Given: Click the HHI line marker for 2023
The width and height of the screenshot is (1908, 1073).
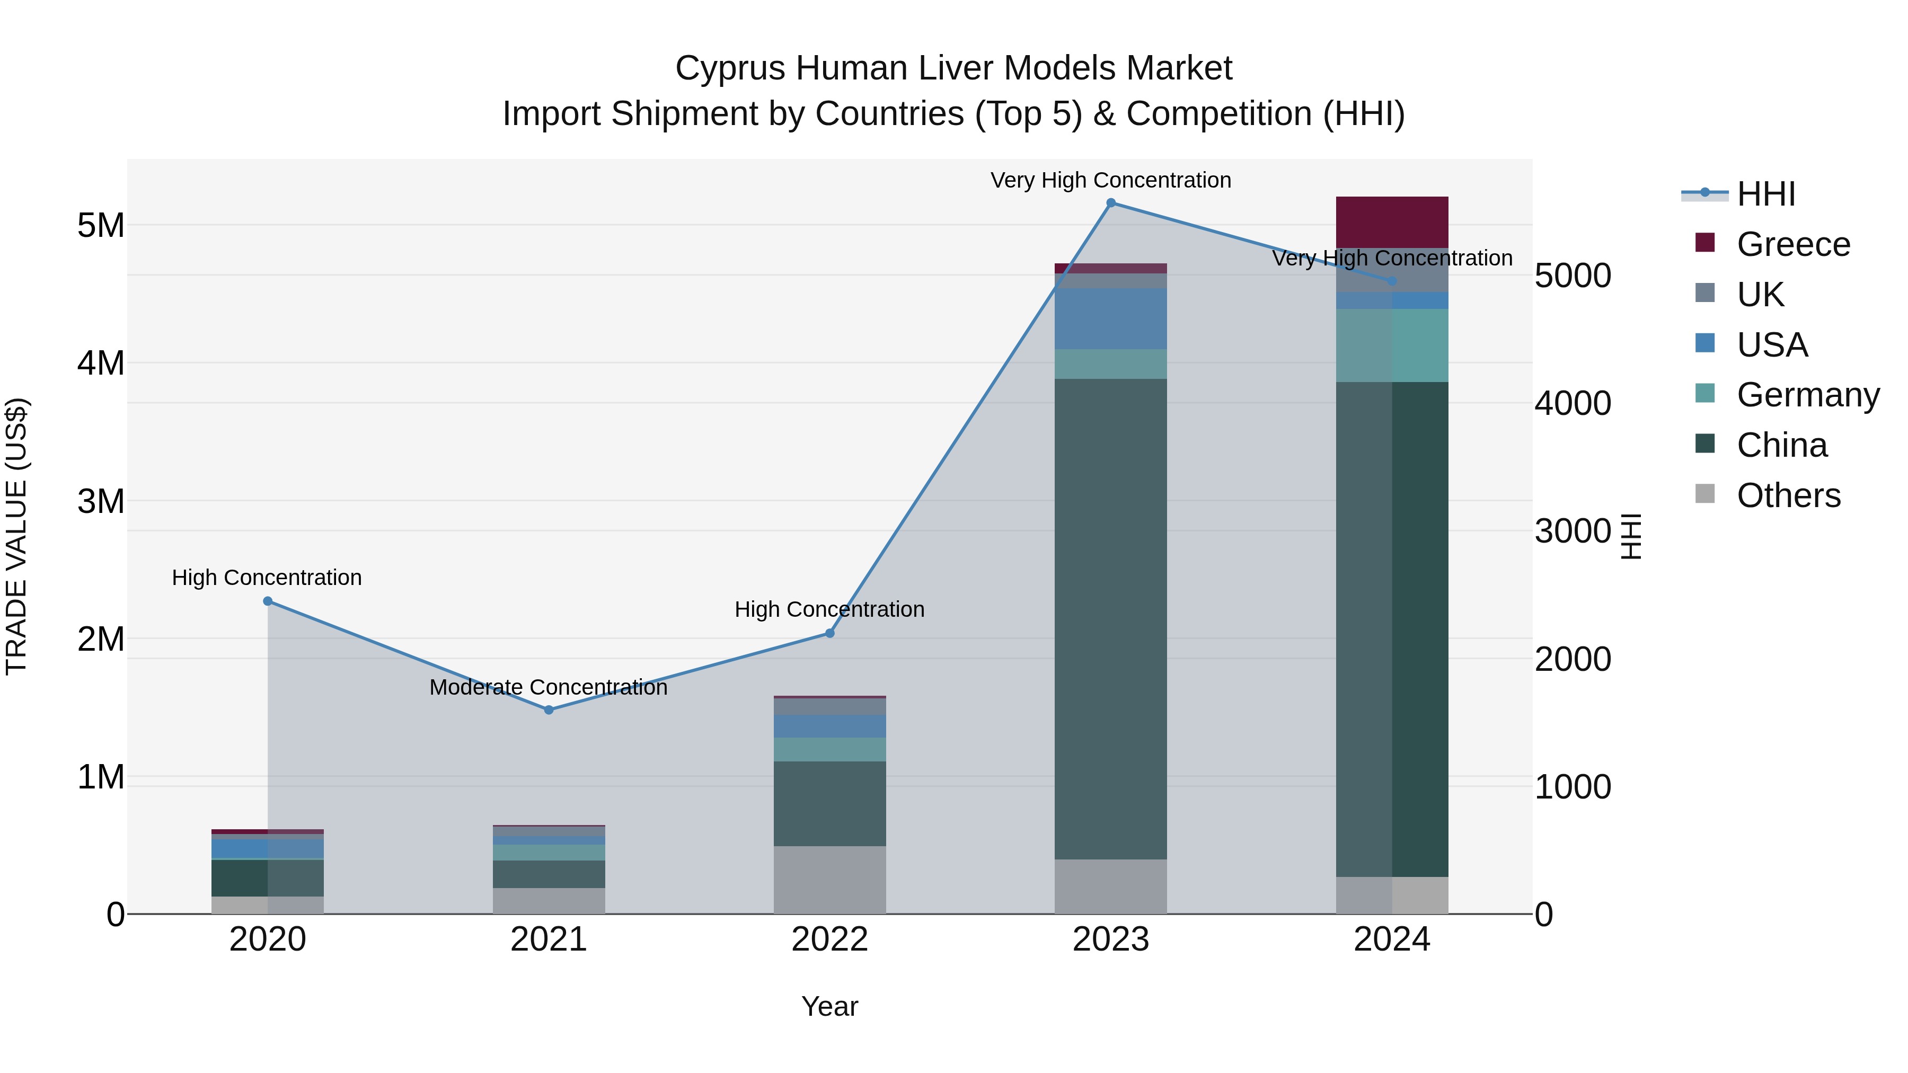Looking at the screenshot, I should (1110, 203).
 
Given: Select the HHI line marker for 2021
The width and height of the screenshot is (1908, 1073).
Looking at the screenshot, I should (549, 710).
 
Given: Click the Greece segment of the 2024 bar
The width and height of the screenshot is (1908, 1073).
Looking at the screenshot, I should (1392, 222).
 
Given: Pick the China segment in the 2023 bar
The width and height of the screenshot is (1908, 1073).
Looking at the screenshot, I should (1110, 618).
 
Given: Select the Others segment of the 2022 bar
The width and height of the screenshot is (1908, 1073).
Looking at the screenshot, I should (829, 880).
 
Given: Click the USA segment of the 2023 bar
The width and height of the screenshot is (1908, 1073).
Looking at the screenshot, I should (1110, 318).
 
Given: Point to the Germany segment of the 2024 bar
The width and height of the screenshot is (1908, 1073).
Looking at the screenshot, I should (1392, 345).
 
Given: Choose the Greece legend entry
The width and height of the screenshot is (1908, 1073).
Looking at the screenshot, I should (1793, 244).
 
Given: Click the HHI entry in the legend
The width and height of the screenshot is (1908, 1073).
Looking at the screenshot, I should (1766, 194).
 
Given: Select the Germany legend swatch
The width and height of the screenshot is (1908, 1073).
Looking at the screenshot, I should (1705, 394).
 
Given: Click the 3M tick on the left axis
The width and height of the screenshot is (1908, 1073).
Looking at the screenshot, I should (101, 501).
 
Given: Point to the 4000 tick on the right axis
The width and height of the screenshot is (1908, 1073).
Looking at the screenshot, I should (1573, 404).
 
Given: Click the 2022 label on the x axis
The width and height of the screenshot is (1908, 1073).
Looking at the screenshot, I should (829, 939).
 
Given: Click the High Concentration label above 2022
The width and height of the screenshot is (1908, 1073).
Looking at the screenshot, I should (829, 609).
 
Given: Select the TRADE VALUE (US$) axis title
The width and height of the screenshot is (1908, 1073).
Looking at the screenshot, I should (16, 536).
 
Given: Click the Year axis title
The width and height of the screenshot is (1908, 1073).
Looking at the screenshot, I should (829, 1006).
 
